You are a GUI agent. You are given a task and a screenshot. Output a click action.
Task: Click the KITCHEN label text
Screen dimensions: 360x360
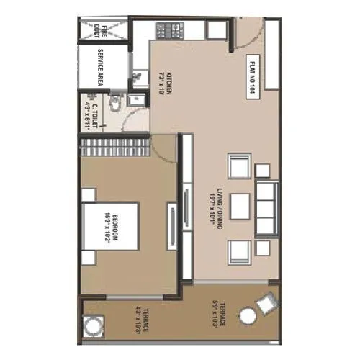point(166,86)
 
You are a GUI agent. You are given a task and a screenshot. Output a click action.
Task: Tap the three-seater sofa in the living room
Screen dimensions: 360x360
point(266,209)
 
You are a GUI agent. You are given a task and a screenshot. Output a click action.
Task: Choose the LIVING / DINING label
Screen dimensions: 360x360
point(212,204)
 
